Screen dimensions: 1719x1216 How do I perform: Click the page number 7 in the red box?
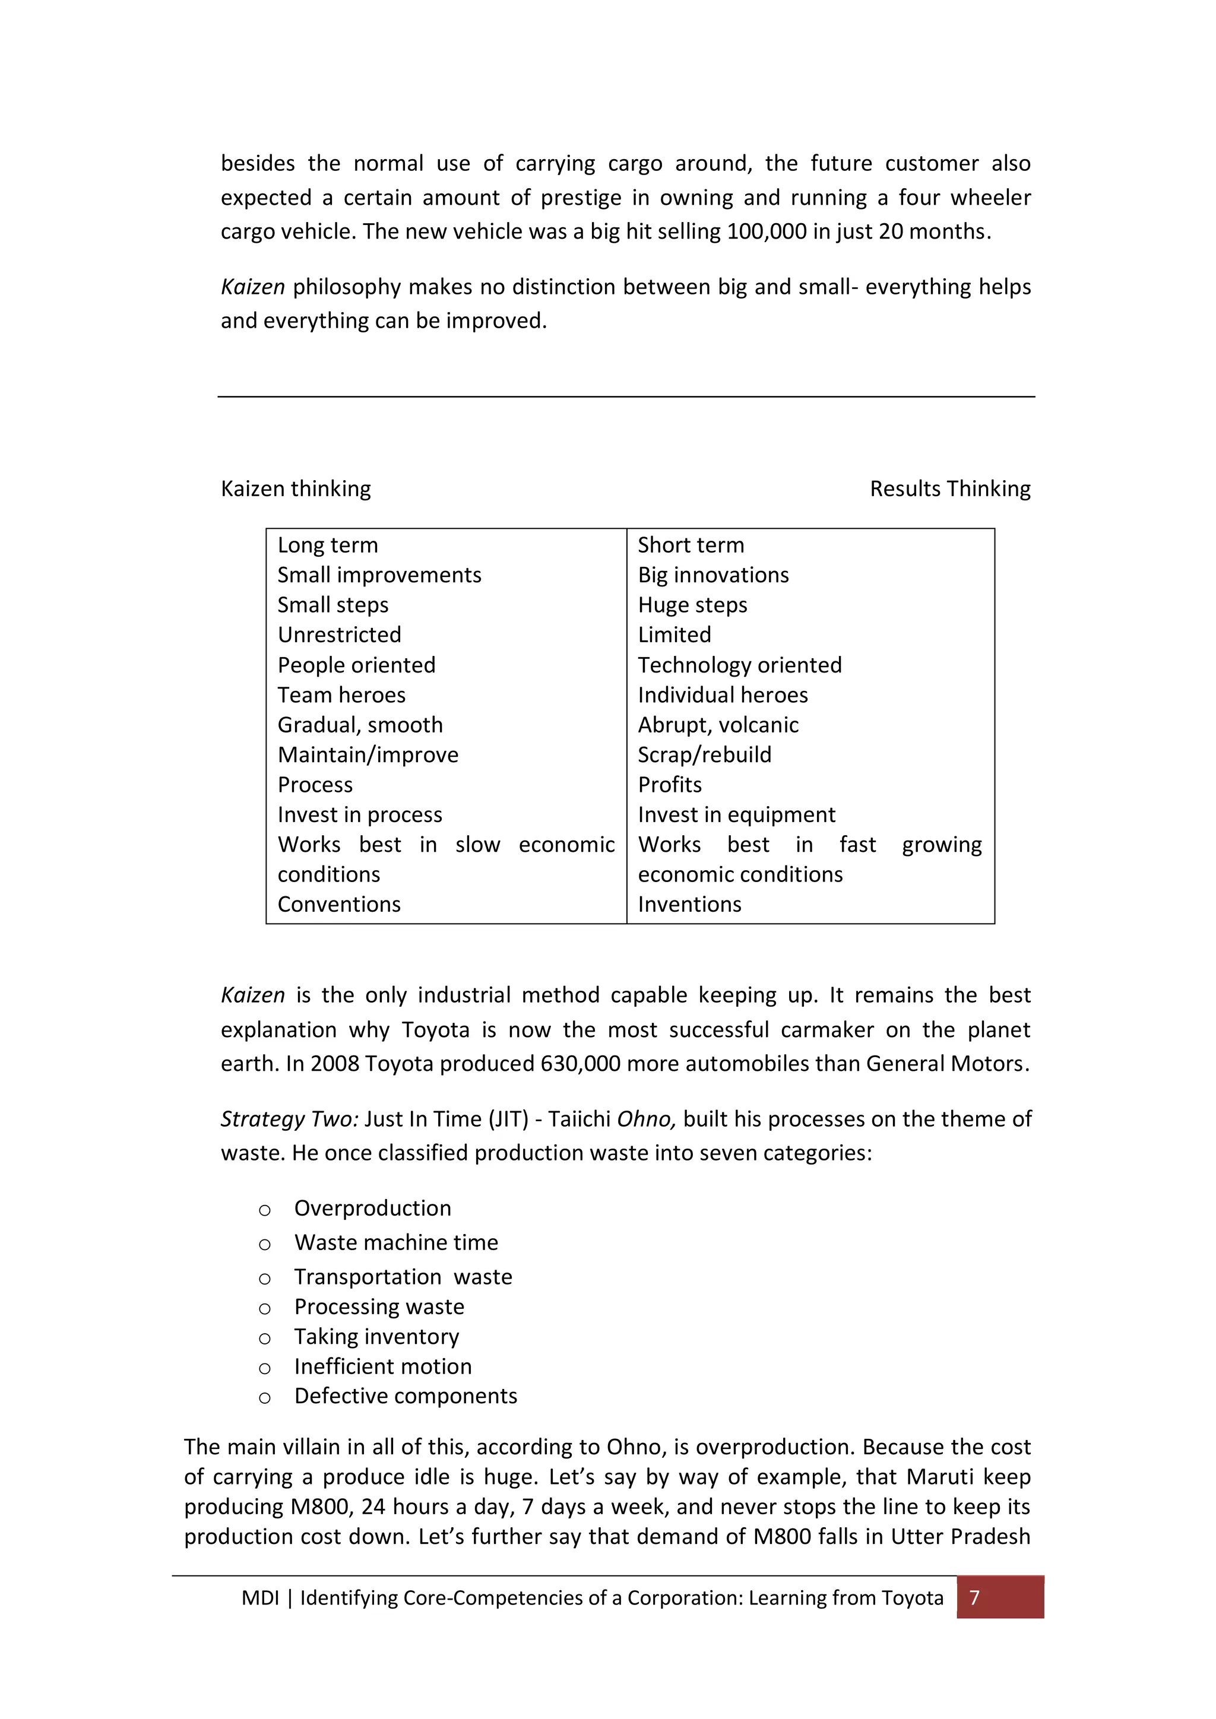point(974,1598)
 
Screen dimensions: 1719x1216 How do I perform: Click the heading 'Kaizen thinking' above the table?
point(296,489)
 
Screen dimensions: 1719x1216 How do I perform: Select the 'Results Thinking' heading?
point(949,489)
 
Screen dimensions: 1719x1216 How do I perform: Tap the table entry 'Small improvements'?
point(379,575)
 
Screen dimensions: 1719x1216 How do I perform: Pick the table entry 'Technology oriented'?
point(739,665)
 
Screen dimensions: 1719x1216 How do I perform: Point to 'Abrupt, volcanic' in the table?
point(717,725)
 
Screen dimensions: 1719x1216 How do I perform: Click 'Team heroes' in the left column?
point(341,695)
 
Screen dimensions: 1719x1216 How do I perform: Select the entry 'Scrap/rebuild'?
point(704,754)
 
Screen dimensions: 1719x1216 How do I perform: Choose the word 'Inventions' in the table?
point(689,905)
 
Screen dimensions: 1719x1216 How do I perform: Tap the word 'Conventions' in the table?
point(339,905)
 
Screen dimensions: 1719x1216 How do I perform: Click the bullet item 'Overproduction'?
point(372,1209)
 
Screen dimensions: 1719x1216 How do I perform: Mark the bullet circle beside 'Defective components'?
point(264,1398)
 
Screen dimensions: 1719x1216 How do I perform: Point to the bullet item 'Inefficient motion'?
point(382,1366)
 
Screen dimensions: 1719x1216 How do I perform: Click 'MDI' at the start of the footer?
point(260,1598)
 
